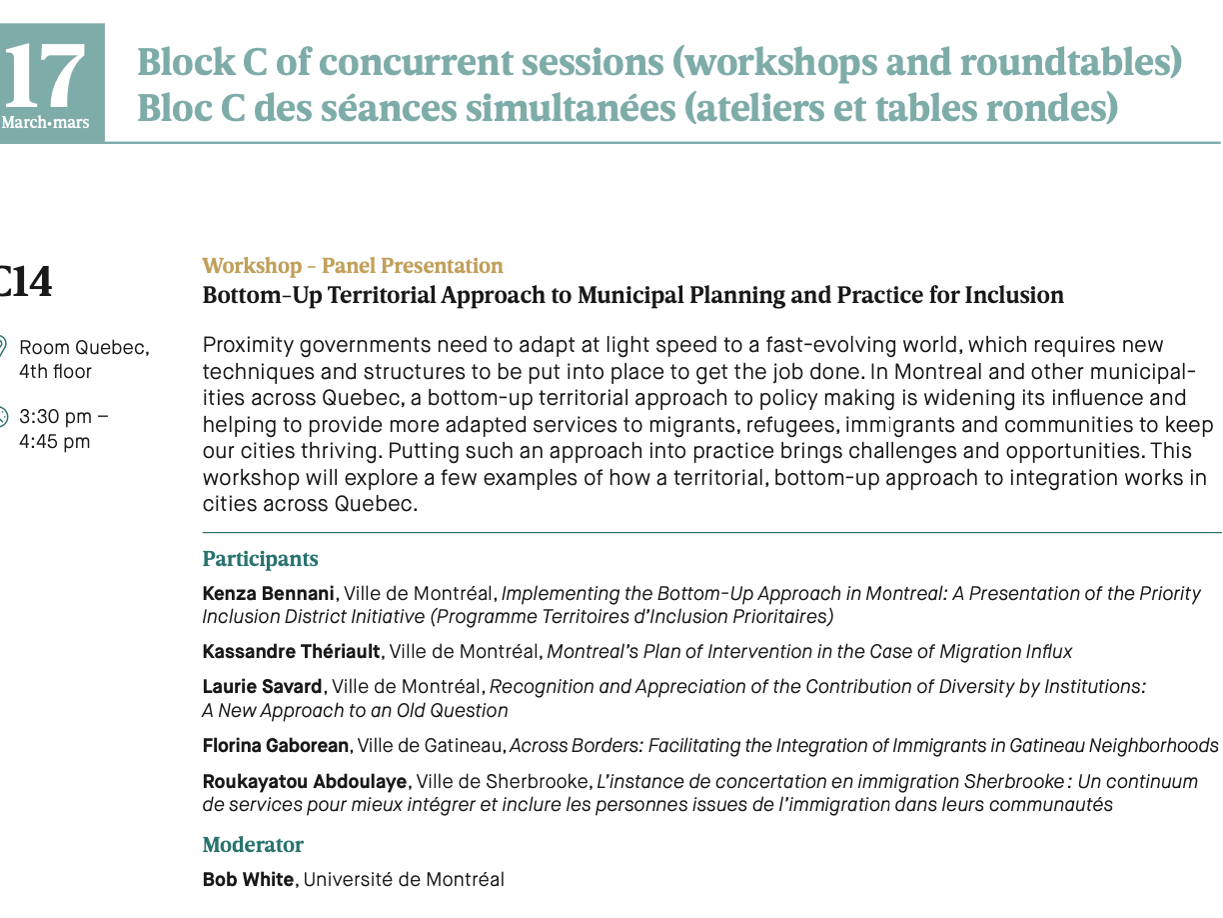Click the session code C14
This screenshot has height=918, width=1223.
tap(25, 282)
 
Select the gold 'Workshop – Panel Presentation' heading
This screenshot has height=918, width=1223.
tap(352, 266)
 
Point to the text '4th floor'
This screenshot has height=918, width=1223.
tap(55, 372)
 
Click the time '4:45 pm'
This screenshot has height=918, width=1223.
tap(54, 441)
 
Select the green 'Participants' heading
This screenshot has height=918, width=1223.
tap(260, 559)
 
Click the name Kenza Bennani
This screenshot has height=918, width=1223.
tap(268, 593)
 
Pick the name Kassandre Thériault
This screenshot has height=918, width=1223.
tap(291, 652)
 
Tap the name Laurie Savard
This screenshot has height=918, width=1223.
tap(262, 687)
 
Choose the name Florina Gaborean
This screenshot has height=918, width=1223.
tap(276, 746)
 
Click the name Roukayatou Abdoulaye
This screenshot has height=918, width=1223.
tap(305, 782)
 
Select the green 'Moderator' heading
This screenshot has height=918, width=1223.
tap(253, 845)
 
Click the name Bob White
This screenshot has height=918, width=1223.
tap(248, 880)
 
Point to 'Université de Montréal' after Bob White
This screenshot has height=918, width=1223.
tap(404, 880)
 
